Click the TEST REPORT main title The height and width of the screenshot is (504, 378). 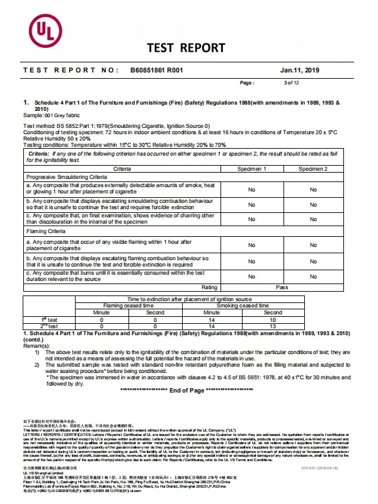(186, 48)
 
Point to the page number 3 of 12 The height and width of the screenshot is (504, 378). (292, 83)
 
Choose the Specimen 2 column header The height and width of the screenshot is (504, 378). (312, 169)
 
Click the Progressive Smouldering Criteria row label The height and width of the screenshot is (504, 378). (67, 178)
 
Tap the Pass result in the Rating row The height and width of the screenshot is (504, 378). (282, 287)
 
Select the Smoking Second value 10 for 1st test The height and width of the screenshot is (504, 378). (273, 319)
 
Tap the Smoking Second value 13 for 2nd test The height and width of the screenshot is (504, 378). (273, 326)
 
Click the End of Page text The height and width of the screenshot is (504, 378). (187, 391)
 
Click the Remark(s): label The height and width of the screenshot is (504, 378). (36, 345)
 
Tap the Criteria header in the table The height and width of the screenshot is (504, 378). (122, 169)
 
